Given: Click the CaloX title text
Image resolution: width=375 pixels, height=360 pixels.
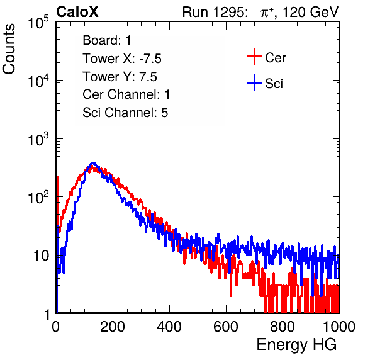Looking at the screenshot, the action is (x=77, y=12).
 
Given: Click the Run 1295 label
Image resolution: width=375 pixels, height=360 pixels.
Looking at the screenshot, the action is (x=215, y=12).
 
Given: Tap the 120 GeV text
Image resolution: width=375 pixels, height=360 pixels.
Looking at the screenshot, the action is (x=310, y=12).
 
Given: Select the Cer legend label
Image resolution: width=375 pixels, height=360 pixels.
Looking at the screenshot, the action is (x=275, y=58).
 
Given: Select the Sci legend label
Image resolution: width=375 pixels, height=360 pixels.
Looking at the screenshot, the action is (x=274, y=84).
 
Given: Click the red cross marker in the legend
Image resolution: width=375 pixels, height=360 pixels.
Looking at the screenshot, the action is (x=254, y=57).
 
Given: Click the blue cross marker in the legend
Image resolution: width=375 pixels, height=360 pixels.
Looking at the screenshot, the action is (x=254, y=82).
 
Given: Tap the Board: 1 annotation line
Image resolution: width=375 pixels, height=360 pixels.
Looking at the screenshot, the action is (x=107, y=40).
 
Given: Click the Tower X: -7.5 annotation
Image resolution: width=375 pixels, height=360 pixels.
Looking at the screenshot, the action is (x=122, y=59).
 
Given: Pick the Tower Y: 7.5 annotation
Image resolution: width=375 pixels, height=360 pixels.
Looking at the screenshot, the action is (x=120, y=77).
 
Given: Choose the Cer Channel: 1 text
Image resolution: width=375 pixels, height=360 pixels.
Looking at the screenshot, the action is (x=126, y=94).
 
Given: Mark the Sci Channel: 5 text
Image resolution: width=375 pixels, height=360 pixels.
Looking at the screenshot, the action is (x=125, y=113).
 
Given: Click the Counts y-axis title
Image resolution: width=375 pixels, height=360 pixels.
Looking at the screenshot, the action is (x=9, y=49).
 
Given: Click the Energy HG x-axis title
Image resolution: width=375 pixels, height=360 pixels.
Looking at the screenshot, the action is (x=296, y=345).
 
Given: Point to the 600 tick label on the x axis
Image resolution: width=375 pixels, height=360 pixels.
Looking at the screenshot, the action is (x=226, y=327).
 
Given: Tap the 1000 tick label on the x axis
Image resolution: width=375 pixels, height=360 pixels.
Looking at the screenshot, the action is (x=339, y=327).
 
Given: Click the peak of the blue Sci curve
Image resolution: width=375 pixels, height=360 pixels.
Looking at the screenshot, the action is (x=93, y=164).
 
